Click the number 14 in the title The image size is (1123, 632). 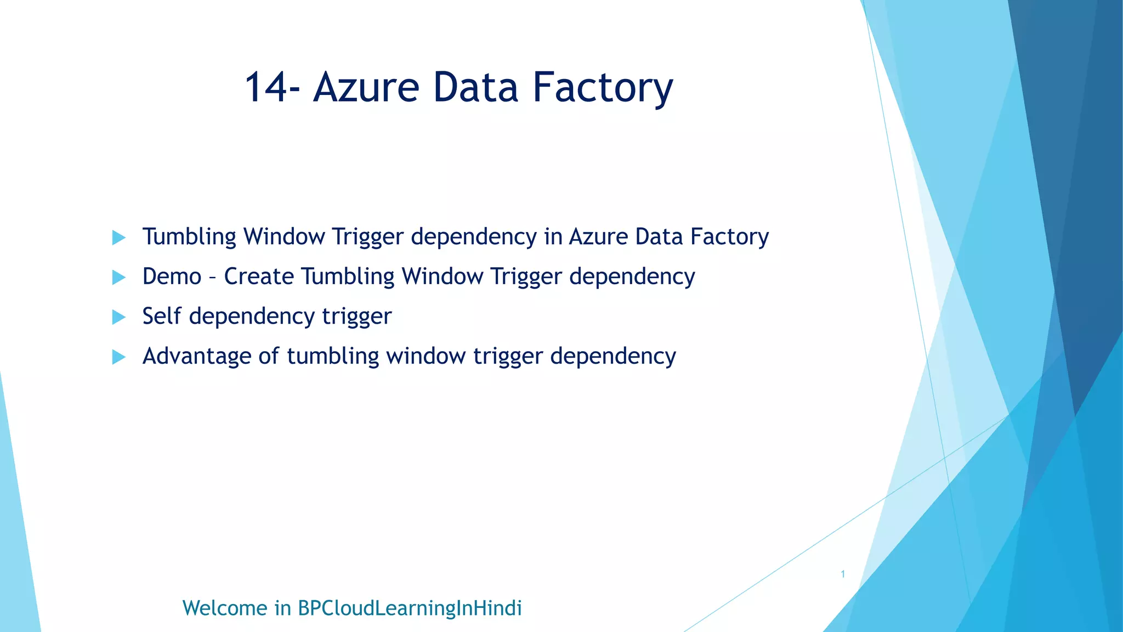pos(265,88)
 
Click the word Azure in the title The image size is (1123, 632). pos(366,88)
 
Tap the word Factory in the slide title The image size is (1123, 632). pos(603,88)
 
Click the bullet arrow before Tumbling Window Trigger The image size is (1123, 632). pos(118,238)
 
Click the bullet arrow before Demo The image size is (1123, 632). pos(118,277)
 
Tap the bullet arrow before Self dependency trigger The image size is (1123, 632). pos(118,317)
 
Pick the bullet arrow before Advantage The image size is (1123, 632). pos(118,357)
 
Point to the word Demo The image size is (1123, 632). pos(172,276)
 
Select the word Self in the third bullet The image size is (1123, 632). pos(161,316)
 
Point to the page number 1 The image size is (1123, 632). pos(843,574)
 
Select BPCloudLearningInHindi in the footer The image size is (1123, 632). pos(410,608)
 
